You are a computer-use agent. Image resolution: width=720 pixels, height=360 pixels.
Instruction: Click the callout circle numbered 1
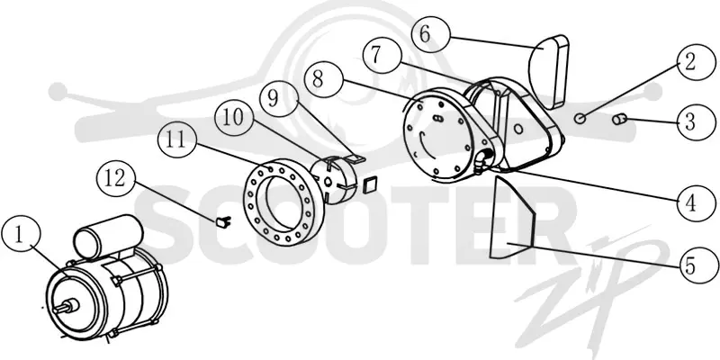pyautogui.click(x=21, y=236)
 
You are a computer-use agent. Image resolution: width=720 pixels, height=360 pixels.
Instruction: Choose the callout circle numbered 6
pyautogui.click(x=430, y=34)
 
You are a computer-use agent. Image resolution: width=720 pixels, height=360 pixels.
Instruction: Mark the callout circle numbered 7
pyautogui.click(x=382, y=55)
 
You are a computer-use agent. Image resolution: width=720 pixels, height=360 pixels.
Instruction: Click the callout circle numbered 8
pyautogui.click(x=324, y=79)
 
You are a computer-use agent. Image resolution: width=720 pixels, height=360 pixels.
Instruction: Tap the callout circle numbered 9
pyautogui.click(x=278, y=98)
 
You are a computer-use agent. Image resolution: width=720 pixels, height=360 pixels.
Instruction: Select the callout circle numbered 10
pyautogui.click(x=234, y=117)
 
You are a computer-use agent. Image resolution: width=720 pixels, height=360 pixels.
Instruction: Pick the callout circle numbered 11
pyautogui.click(x=176, y=139)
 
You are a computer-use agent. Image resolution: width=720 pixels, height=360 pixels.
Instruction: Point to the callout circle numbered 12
pyautogui.click(x=117, y=177)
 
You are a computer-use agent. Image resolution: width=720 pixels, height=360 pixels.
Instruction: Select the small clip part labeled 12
pyautogui.click(x=223, y=221)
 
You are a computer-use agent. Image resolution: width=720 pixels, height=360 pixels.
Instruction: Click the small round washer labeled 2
pyautogui.click(x=580, y=119)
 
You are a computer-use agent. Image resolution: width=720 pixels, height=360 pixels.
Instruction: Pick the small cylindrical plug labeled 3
pyautogui.click(x=620, y=120)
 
